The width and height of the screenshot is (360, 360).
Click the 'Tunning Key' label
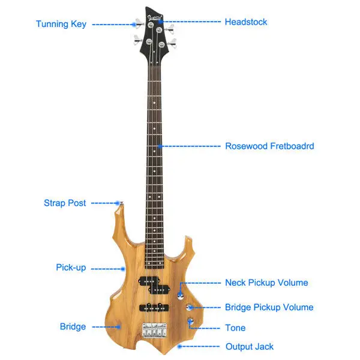pyautogui.click(x=61, y=24)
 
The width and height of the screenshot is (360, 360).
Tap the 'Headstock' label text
pyautogui.click(x=246, y=22)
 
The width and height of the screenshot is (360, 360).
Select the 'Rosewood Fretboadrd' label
pyautogui.click(x=269, y=146)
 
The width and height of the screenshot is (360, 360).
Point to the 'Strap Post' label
pyautogui.click(x=65, y=203)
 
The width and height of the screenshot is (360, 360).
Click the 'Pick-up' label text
pyautogui.click(x=71, y=268)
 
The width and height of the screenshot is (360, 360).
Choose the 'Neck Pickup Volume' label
pyautogui.click(x=266, y=283)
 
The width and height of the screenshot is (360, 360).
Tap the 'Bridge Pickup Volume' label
pyautogui.click(x=269, y=307)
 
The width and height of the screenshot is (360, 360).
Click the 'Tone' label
pyautogui.click(x=235, y=328)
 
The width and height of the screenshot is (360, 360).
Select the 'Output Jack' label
pyautogui.click(x=250, y=347)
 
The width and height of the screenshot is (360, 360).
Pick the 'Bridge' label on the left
pyautogui.click(x=73, y=326)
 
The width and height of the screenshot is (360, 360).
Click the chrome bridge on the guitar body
pyautogui.click(x=155, y=330)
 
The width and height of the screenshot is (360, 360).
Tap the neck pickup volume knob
pyautogui.click(x=181, y=296)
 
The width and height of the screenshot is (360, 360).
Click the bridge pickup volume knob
pyautogui.click(x=190, y=307)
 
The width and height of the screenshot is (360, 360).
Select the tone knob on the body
pyautogui.click(x=191, y=320)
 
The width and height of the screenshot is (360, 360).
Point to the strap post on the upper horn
pyautogui.click(x=121, y=203)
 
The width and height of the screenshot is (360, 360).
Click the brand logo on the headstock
pyautogui.click(x=155, y=18)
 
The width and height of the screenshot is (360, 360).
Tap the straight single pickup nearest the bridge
pyautogui.click(x=154, y=307)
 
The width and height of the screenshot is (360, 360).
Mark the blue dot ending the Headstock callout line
pyautogui.click(x=161, y=22)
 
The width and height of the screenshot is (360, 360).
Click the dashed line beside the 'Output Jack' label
pyautogui.click(x=199, y=346)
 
